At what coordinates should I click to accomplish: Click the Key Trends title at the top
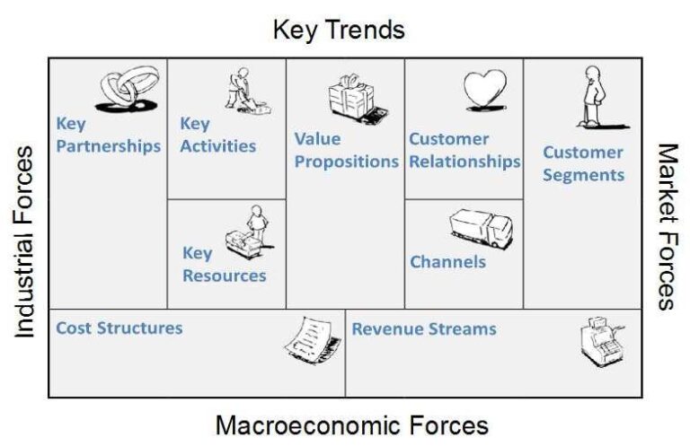point(339,30)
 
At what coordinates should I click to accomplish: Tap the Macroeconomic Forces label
point(351,424)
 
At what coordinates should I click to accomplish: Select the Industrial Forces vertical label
point(24,241)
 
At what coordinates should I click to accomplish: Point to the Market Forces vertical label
point(666,225)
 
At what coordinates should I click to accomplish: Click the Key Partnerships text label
point(108,135)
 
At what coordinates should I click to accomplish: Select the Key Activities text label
point(217,135)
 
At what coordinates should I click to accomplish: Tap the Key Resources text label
point(224,264)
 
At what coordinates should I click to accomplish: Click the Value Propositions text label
point(346,150)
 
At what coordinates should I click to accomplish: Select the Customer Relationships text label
point(464,150)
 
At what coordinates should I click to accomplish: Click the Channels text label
point(447,262)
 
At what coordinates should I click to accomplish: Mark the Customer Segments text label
point(582,163)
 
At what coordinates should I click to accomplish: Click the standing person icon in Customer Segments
point(592,97)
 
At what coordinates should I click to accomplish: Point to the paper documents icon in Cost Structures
point(311,343)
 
